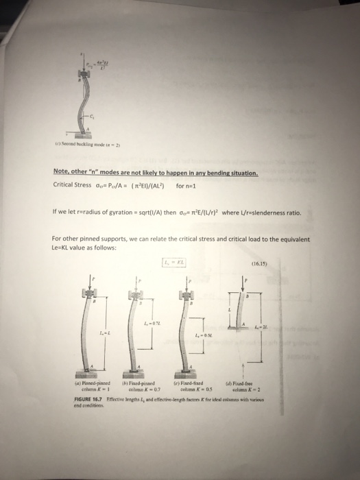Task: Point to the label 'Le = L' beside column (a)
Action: pyautogui.click(x=104, y=333)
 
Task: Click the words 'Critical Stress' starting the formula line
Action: pyautogui.click(x=71, y=185)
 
